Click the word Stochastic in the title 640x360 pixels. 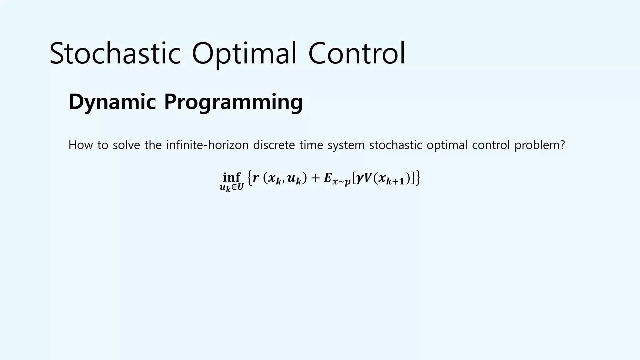(115, 53)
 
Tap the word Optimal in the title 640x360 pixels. (244, 53)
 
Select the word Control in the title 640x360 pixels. (357, 53)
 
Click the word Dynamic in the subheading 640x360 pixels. (112, 102)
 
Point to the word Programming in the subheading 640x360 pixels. (233, 102)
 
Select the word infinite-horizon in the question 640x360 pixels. (207, 145)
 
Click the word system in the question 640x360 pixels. (346, 145)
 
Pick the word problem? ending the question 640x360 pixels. (540, 145)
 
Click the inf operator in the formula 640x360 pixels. (232, 177)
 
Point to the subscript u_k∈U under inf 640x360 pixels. (232, 187)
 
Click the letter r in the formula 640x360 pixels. (256, 178)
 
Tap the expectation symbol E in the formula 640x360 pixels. (327, 178)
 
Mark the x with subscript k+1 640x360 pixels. (390, 179)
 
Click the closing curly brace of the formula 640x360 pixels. (417, 178)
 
